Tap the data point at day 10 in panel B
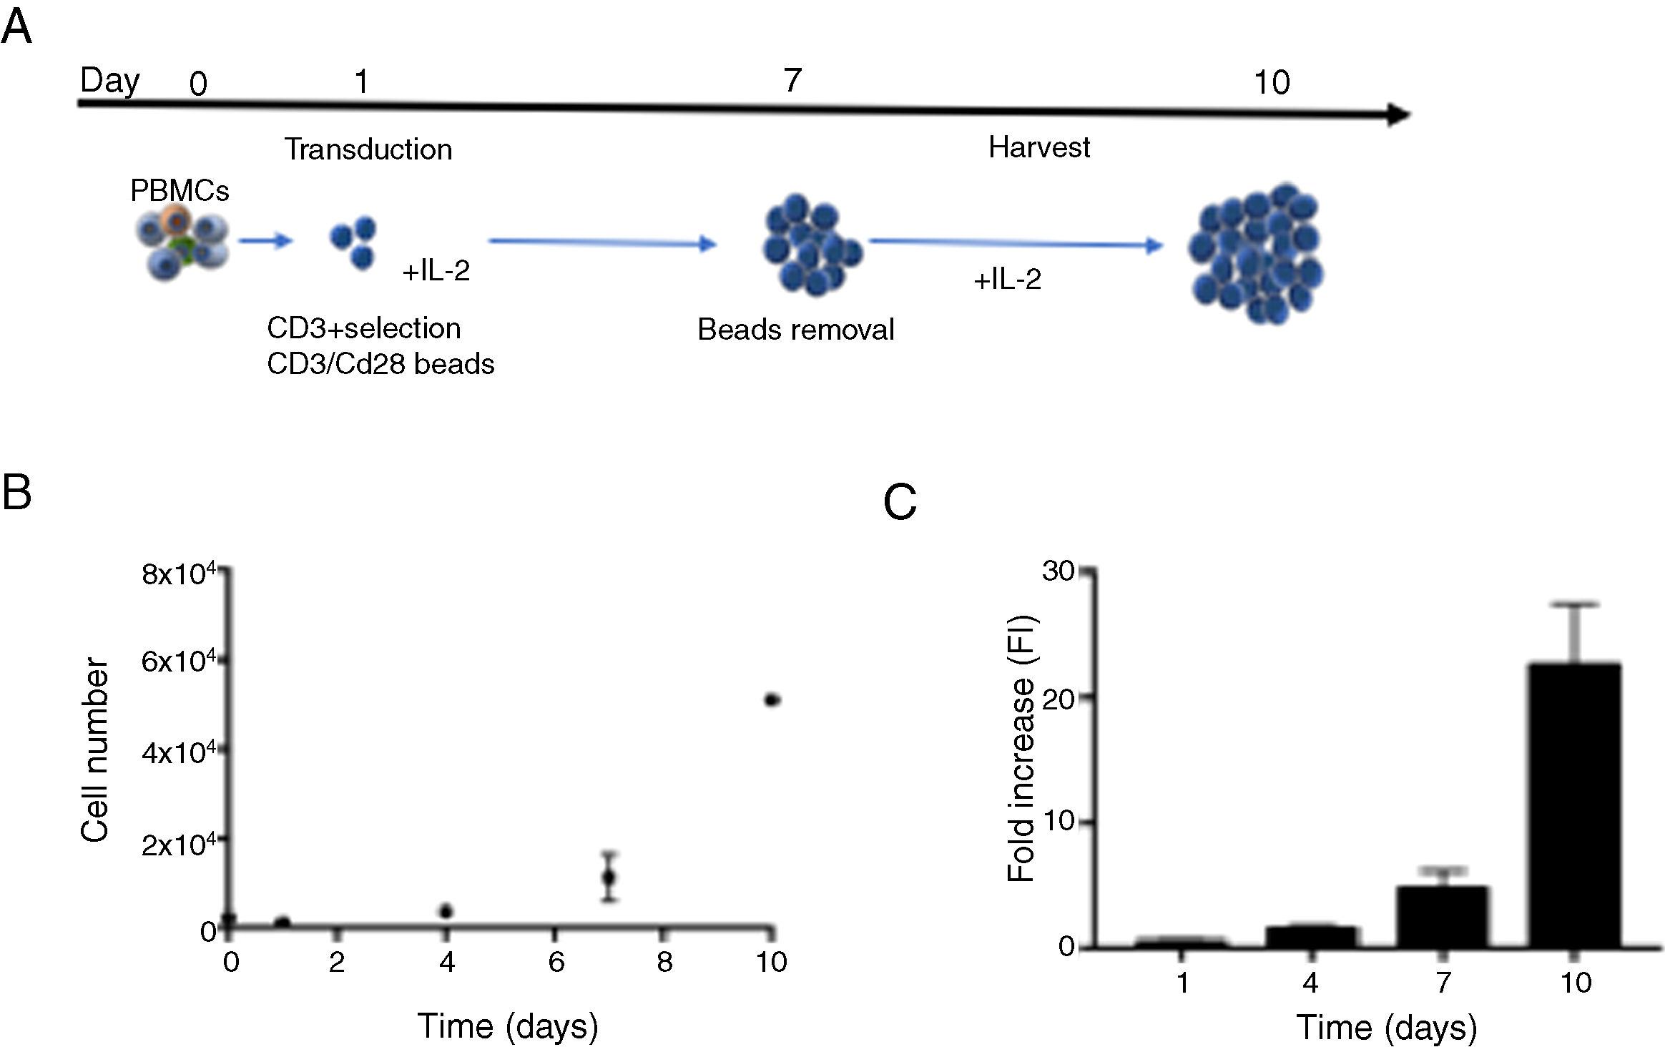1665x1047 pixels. [x=772, y=700]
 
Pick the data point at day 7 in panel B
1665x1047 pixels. [x=609, y=877]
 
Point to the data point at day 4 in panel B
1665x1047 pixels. [x=446, y=911]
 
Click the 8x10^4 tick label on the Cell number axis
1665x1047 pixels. [x=177, y=574]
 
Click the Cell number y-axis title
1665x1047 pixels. [x=95, y=749]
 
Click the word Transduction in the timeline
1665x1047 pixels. [x=368, y=149]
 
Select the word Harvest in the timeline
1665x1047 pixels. [x=1038, y=147]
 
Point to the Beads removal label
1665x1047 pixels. [x=795, y=330]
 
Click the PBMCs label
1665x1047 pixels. [x=180, y=191]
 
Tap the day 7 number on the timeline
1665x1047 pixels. [x=792, y=80]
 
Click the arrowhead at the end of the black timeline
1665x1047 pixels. [x=1398, y=114]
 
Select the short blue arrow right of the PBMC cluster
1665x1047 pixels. [x=265, y=241]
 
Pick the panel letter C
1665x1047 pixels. [x=900, y=502]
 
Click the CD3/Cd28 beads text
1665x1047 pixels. [x=380, y=364]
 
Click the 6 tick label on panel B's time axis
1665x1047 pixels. [x=556, y=962]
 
